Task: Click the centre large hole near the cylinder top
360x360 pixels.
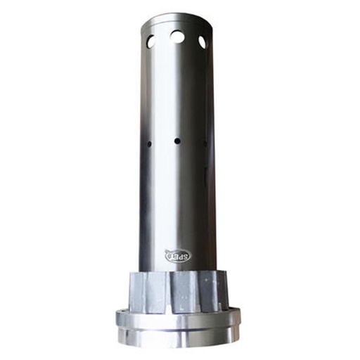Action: pyautogui.click(x=177, y=36)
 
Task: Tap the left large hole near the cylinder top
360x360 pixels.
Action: pyautogui.click(x=151, y=41)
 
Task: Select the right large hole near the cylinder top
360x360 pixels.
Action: pyautogui.click(x=202, y=42)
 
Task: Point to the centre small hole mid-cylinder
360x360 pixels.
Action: pyautogui.click(x=177, y=141)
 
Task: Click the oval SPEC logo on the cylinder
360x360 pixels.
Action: pyautogui.click(x=176, y=256)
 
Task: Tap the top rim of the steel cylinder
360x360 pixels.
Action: pyautogui.click(x=176, y=17)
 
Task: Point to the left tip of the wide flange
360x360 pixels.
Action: pyautogui.click(x=117, y=319)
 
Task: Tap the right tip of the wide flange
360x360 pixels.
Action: pyautogui.click(x=240, y=319)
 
